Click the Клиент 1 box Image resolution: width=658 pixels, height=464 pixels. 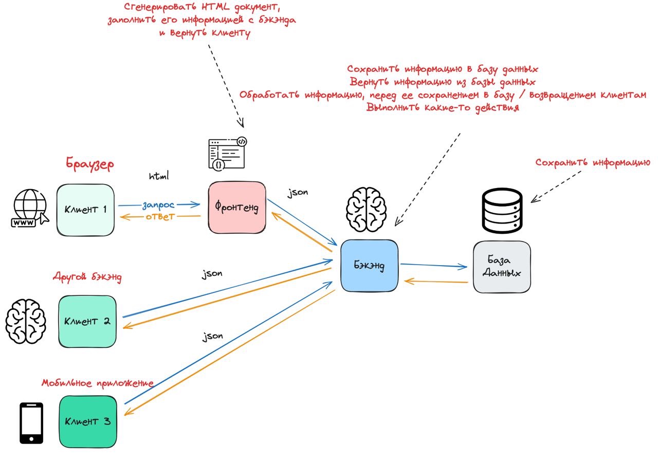(x=85, y=210)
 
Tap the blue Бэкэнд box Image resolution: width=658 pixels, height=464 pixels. (x=369, y=266)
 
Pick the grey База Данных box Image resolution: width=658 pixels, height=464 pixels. (x=502, y=267)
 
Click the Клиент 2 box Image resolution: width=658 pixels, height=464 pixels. (x=87, y=321)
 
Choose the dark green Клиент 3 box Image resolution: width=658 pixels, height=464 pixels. (x=87, y=421)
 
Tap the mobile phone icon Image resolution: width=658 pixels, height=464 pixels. (x=31, y=423)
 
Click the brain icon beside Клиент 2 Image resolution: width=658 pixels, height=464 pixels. (x=26, y=321)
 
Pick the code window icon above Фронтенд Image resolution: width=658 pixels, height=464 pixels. (x=227, y=153)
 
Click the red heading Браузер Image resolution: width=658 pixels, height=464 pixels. (x=90, y=164)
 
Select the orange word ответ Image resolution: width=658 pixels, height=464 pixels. (x=160, y=216)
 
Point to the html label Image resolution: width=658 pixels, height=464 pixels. (x=159, y=176)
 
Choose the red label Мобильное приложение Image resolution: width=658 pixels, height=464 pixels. (x=98, y=383)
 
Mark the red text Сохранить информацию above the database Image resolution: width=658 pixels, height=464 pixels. (x=593, y=162)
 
